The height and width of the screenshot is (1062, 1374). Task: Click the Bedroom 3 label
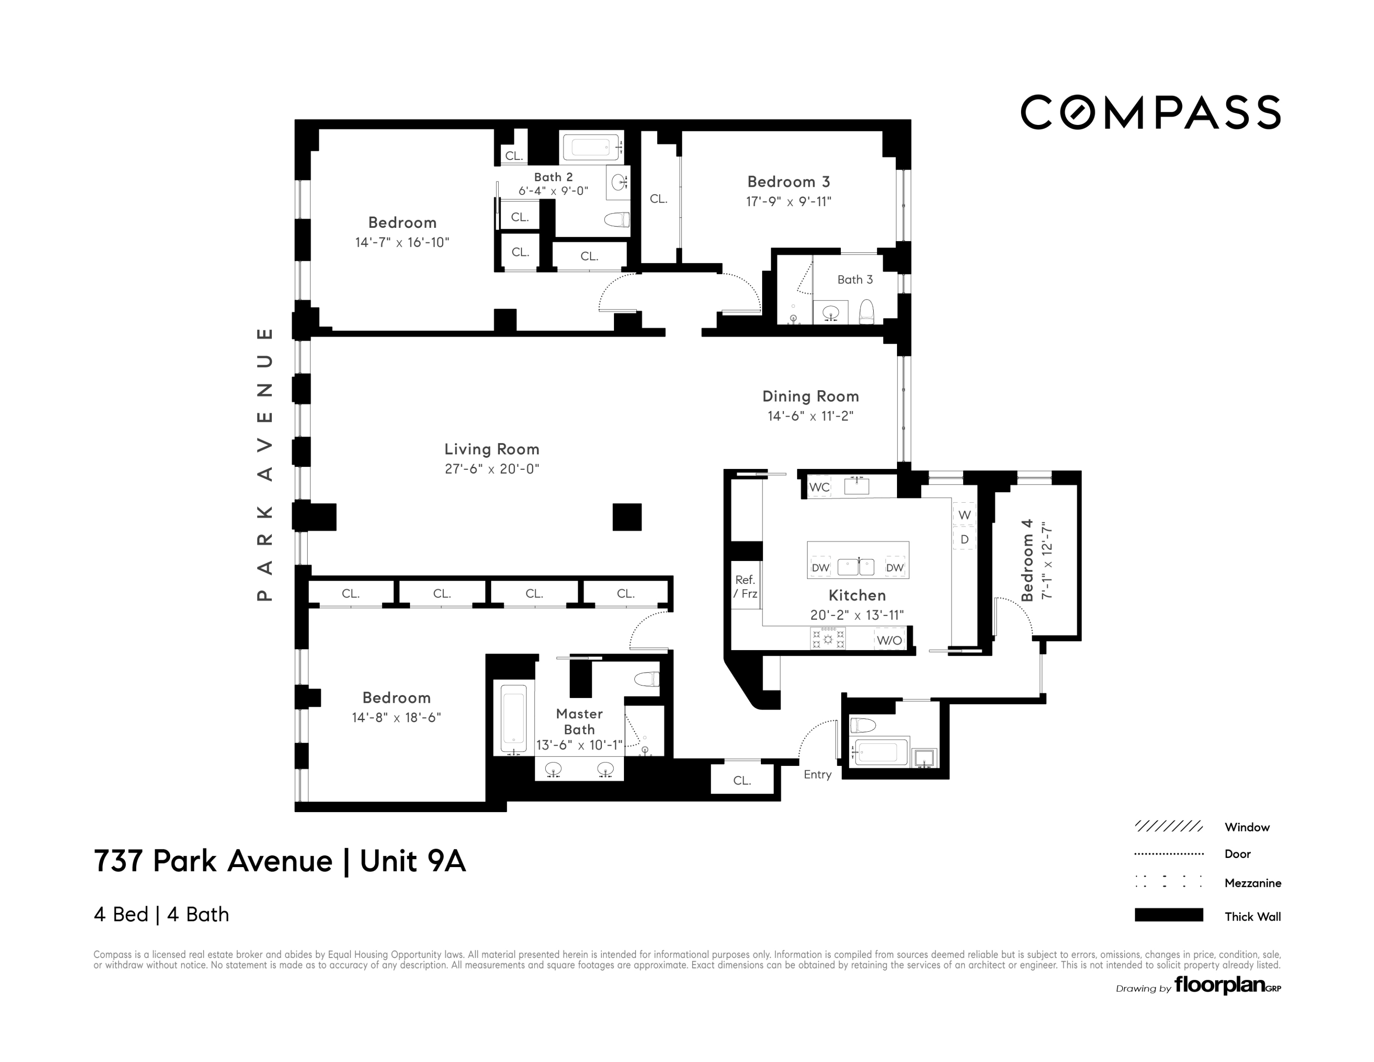(x=788, y=182)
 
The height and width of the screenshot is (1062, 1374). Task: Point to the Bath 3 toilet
(x=866, y=312)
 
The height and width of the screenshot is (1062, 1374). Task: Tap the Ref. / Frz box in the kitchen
(x=745, y=587)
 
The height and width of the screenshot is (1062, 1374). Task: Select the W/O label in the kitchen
(x=889, y=640)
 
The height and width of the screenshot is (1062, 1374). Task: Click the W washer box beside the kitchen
(x=964, y=514)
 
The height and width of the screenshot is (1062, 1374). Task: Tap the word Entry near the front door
(x=817, y=774)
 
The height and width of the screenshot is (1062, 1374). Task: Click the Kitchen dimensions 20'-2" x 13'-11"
(x=857, y=615)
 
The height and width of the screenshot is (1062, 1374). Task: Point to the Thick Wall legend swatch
(x=1168, y=915)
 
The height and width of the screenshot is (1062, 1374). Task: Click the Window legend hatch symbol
(x=1168, y=826)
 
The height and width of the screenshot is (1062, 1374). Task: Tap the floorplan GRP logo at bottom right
(x=1225, y=985)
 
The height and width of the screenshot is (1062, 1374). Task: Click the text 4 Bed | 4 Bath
(x=161, y=914)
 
